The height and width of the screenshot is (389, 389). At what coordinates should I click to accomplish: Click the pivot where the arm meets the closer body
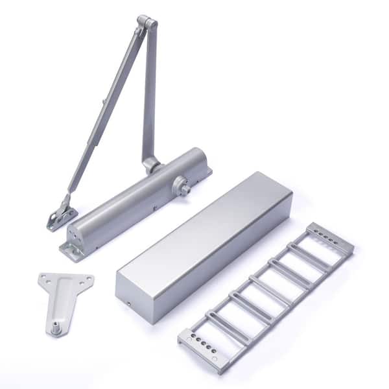coord(152,163)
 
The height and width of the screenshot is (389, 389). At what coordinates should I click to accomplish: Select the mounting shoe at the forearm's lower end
coord(62,215)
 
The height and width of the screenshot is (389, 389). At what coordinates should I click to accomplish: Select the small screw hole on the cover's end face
coord(128,304)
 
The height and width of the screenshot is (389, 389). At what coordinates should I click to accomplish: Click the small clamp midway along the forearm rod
coord(104,102)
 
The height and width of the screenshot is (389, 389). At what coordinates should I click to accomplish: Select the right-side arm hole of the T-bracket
coord(87,279)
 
